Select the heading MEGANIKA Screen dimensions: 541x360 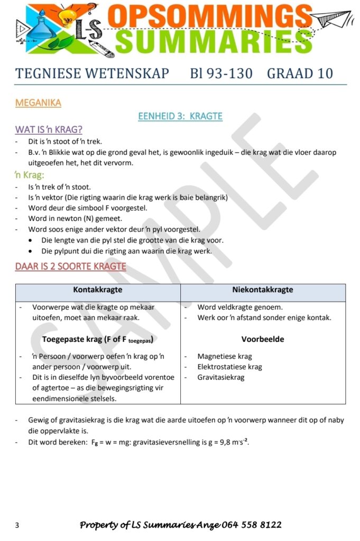point(38,102)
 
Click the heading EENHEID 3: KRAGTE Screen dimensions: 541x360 point(180,116)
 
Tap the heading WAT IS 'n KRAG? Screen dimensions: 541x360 point(49,129)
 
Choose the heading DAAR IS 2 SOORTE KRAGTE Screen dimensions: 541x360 point(70,266)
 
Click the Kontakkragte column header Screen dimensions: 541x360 point(98,290)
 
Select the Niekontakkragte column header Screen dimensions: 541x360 point(263,290)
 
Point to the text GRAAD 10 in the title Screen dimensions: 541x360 point(300,73)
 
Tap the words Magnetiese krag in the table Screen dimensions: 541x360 point(225,356)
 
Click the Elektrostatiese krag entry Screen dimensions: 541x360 point(229,367)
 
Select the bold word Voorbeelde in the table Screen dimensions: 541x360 point(263,339)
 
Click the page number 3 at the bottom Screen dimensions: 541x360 point(17,525)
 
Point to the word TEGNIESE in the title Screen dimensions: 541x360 point(46,73)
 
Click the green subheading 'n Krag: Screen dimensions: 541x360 point(29,174)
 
